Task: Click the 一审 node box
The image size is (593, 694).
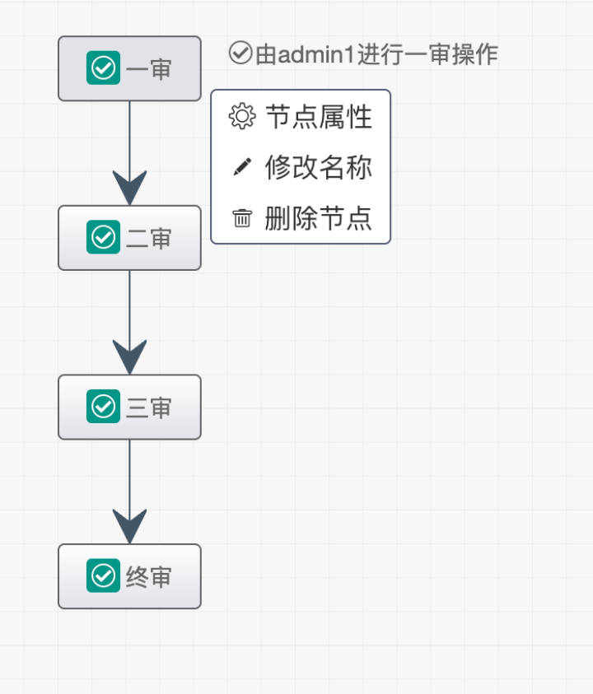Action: point(129,68)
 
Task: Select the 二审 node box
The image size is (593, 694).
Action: point(129,238)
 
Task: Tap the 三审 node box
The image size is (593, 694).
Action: point(129,407)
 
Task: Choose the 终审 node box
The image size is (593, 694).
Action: point(129,576)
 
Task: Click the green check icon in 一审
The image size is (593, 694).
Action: point(103,68)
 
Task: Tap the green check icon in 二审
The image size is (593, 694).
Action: point(103,238)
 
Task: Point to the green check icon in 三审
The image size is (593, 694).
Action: point(103,407)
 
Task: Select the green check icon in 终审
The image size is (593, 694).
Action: point(103,576)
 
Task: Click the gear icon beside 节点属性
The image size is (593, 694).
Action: point(242,117)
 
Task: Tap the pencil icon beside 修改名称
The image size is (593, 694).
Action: point(242,167)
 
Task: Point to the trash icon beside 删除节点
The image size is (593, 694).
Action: point(242,218)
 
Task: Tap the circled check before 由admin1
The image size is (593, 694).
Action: point(240,54)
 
